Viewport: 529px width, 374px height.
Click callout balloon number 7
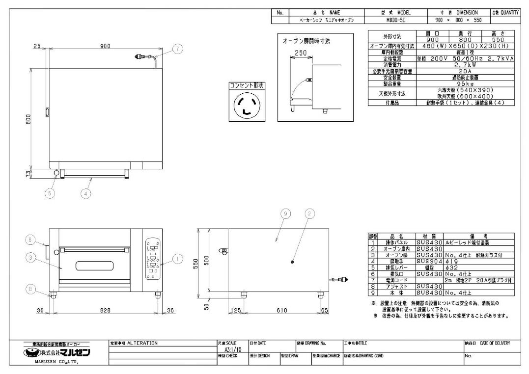[177, 49]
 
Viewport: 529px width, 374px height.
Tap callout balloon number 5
[50, 193]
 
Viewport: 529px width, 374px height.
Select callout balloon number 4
[86, 193]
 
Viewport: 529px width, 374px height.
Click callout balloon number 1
[178, 257]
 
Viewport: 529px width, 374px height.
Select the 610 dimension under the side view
[281, 310]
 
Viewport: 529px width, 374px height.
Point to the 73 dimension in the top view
[28, 173]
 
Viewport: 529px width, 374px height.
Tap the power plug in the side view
[340, 280]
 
